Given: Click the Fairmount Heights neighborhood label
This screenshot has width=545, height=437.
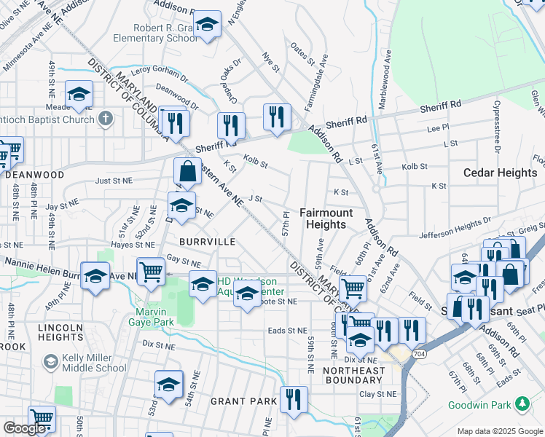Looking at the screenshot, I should tap(326, 219).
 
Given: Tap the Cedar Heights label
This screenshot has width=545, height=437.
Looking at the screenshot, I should tap(499, 173).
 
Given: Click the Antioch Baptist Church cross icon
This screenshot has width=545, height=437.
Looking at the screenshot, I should tap(106, 118).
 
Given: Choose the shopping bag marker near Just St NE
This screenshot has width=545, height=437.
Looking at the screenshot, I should tap(187, 173).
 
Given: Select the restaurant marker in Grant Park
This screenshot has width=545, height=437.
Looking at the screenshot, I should tap(294, 399).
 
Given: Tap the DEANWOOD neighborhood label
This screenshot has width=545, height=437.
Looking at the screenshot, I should tap(34, 175).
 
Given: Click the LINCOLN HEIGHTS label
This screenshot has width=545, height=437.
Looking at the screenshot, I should tap(60, 333).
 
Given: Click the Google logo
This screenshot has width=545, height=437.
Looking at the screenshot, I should tap(25, 428).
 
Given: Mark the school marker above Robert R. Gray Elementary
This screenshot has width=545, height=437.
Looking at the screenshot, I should tap(207, 25).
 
